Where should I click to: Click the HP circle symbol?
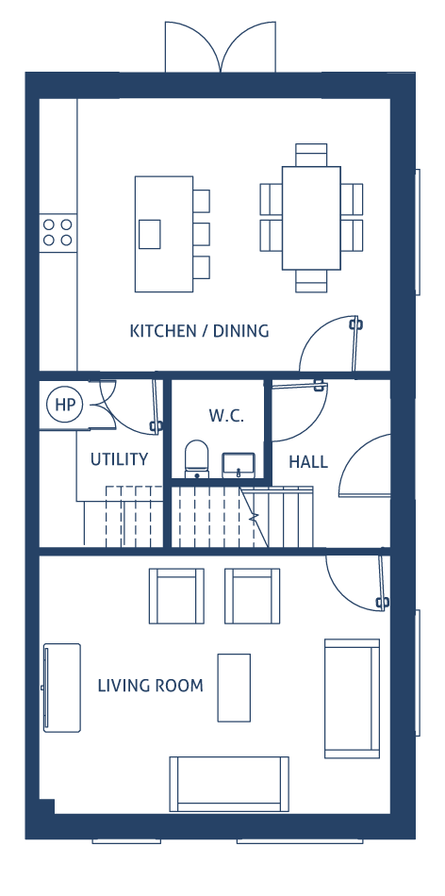(64, 405)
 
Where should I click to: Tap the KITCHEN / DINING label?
(199, 331)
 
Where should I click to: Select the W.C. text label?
(226, 415)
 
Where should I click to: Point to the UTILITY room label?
(120, 459)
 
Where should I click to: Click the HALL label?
(308, 462)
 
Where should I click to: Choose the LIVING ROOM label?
(150, 685)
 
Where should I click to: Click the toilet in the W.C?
(196, 458)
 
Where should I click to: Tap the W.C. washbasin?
(239, 465)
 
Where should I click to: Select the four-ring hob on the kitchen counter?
(58, 233)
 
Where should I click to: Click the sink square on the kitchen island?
(150, 234)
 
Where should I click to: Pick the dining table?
(311, 218)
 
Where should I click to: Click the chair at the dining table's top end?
(311, 155)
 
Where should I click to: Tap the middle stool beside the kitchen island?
(201, 234)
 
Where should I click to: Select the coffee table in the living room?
(234, 688)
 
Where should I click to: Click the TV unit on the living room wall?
(61, 688)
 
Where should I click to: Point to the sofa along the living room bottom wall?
(229, 784)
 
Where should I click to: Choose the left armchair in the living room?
(176, 596)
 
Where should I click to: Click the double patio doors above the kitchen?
(221, 47)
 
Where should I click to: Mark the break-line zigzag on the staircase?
(255, 517)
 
